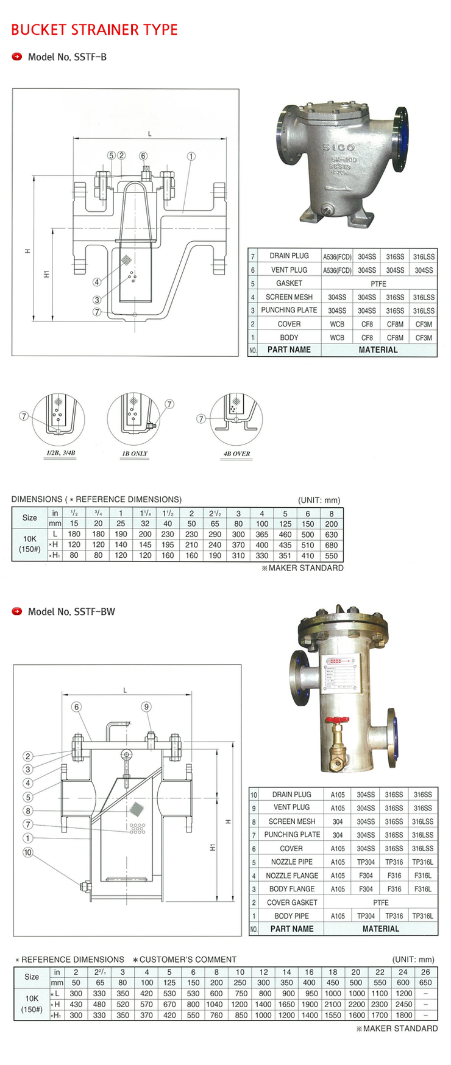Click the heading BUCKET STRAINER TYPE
coord(94,30)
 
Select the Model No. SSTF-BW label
coord(71,611)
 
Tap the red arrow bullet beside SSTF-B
coord(17,57)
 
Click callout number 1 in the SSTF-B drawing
coord(191,156)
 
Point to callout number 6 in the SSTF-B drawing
coord(143,156)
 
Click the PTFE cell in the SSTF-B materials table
coord(378,283)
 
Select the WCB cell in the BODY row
coord(337,337)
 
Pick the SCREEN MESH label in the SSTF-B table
coord(289,297)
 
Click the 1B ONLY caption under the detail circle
coord(135,454)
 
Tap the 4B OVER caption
coord(236,454)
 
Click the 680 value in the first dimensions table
coord(332,545)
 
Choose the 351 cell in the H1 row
coord(285,555)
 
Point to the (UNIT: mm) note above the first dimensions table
coord(319,500)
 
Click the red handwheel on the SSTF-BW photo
coord(336,720)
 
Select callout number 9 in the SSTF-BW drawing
coord(146,706)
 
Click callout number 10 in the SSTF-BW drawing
coord(28,852)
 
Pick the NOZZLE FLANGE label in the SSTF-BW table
coord(292,876)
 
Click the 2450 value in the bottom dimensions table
coord(403,1004)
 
